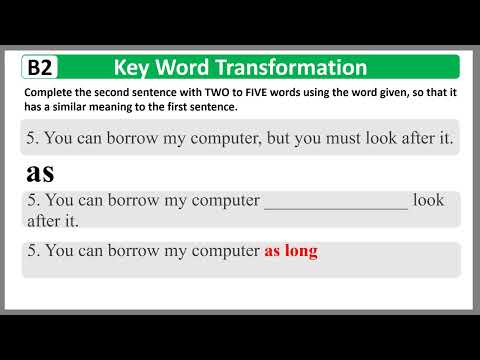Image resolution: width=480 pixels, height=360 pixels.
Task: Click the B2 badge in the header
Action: (41, 68)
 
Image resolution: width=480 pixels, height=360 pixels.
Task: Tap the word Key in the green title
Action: (132, 68)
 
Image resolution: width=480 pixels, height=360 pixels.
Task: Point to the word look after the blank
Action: (428, 200)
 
